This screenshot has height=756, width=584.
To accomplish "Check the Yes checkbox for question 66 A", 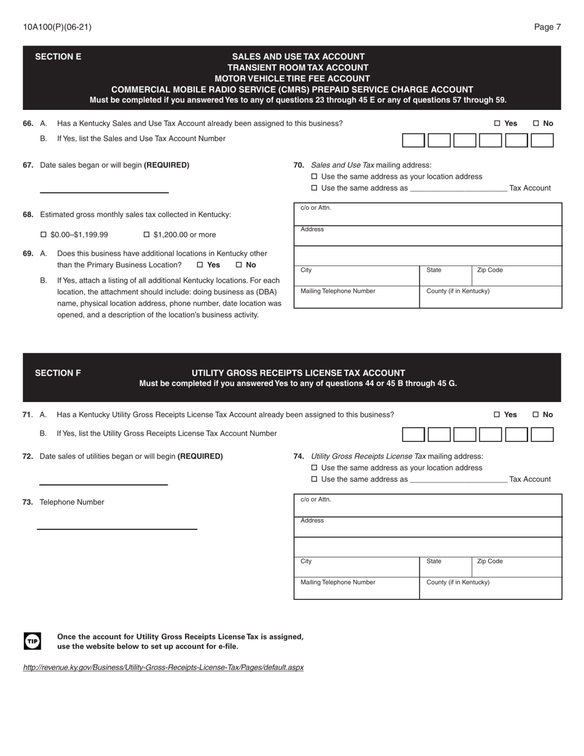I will (x=497, y=124).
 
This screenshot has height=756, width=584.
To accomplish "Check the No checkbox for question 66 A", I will (x=536, y=124).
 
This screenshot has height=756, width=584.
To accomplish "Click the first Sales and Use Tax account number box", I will (x=413, y=140).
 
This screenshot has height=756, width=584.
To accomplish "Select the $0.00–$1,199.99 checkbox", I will (x=44, y=235).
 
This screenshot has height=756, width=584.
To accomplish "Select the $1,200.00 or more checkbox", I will (x=147, y=235).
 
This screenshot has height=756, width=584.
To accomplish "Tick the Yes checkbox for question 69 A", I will (x=200, y=266).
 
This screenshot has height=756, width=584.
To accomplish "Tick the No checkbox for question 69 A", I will (x=239, y=266).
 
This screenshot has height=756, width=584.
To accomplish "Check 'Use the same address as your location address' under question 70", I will (x=315, y=177).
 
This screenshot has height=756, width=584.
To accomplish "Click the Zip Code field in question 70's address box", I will (x=516, y=276).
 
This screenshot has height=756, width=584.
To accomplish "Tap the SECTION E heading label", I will (x=58, y=57).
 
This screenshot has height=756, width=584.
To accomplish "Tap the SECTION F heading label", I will (x=58, y=373).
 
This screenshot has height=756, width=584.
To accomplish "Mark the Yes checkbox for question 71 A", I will (x=497, y=415).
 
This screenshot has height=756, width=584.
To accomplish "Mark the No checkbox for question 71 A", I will (x=536, y=415).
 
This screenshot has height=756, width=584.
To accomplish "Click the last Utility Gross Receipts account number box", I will (x=542, y=435).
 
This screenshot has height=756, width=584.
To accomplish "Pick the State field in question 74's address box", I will (x=446, y=567).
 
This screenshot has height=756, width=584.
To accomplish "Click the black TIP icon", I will (x=33, y=641).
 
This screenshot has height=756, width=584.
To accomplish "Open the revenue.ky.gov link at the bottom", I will (x=163, y=667).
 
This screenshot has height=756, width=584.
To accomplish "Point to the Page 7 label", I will (x=547, y=27).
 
